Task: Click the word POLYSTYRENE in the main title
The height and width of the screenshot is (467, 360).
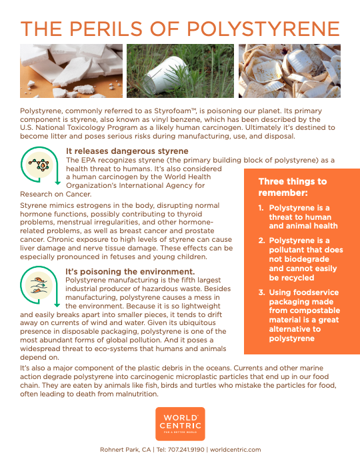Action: click(263, 29)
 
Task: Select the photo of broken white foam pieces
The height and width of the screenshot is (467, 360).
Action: click(71, 71)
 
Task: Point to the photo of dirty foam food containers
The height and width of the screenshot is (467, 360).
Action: click(289, 71)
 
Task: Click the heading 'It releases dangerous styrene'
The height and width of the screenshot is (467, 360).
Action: click(127, 151)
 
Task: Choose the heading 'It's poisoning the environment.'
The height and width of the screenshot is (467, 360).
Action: click(130, 272)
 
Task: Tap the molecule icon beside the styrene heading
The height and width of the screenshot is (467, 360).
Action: click(39, 165)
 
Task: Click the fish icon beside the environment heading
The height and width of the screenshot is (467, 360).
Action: click(39, 285)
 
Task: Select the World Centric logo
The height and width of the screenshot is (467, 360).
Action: click(180, 424)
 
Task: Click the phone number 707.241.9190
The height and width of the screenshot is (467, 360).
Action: click(186, 450)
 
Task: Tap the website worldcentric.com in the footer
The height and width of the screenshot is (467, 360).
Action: click(235, 450)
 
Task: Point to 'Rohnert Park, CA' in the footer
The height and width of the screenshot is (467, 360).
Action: click(125, 450)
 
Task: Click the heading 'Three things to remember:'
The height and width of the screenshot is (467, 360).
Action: click(293, 187)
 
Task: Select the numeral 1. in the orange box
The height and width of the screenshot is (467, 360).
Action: click(261, 208)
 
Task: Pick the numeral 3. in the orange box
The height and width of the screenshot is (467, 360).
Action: click(261, 292)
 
